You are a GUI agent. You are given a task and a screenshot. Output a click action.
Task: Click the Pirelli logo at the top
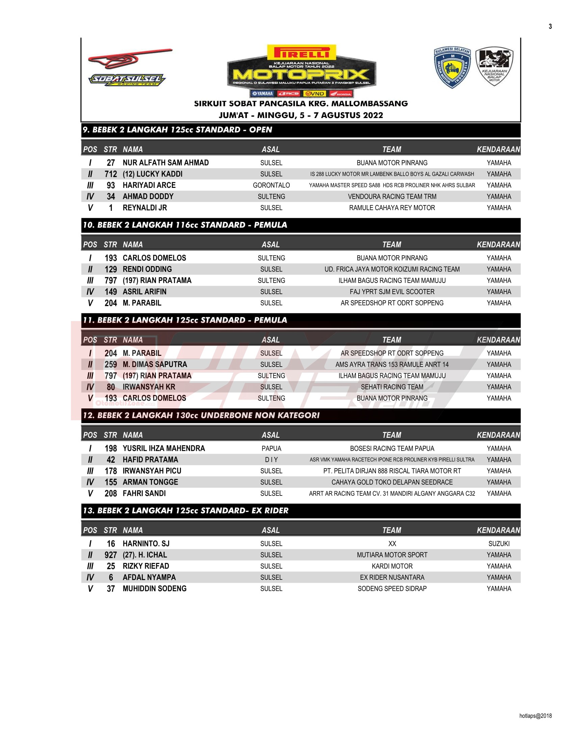pyautogui.click(x=301, y=53)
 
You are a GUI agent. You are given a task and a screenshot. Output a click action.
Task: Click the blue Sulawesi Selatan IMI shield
pyautogui.click(x=452, y=67)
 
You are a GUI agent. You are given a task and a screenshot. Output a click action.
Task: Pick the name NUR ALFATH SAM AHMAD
pyautogui.click(x=165, y=163)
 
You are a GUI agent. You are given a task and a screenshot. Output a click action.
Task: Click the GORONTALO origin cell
pyautogui.click(x=271, y=185)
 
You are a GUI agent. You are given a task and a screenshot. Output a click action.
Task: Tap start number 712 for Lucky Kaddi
pyautogui.click(x=110, y=174)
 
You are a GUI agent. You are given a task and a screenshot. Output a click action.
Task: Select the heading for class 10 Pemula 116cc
pyautogui.click(x=185, y=225)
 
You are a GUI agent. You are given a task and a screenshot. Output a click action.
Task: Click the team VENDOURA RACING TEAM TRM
pyautogui.click(x=392, y=196)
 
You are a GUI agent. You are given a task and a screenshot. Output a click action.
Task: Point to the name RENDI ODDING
pyautogui.click(x=147, y=269)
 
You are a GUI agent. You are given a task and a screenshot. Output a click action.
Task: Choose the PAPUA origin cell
pyautogui.click(x=271, y=449)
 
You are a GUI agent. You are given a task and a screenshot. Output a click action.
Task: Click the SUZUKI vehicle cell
pyautogui.click(x=498, y=544)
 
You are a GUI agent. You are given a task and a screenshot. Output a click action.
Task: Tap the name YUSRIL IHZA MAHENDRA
pyautogui.click(x=163, y=449)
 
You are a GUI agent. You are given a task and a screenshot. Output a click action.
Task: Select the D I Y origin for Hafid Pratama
pyautogui.click(x=271, y=460)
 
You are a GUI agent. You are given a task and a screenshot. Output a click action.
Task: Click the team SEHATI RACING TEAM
pyautogui.click(x=392, y=387)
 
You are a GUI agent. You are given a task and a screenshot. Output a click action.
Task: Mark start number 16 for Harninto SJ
pyautogui.click(x=110, y=544)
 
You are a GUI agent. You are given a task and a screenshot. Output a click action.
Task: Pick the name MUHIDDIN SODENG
pyautogui.click(x=154, y=589)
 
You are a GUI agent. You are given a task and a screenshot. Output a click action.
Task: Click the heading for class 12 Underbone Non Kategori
pyautogui.click(x=201, y=415)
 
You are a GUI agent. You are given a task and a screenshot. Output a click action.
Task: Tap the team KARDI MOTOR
pyautogui.click(x=392, y=566)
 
